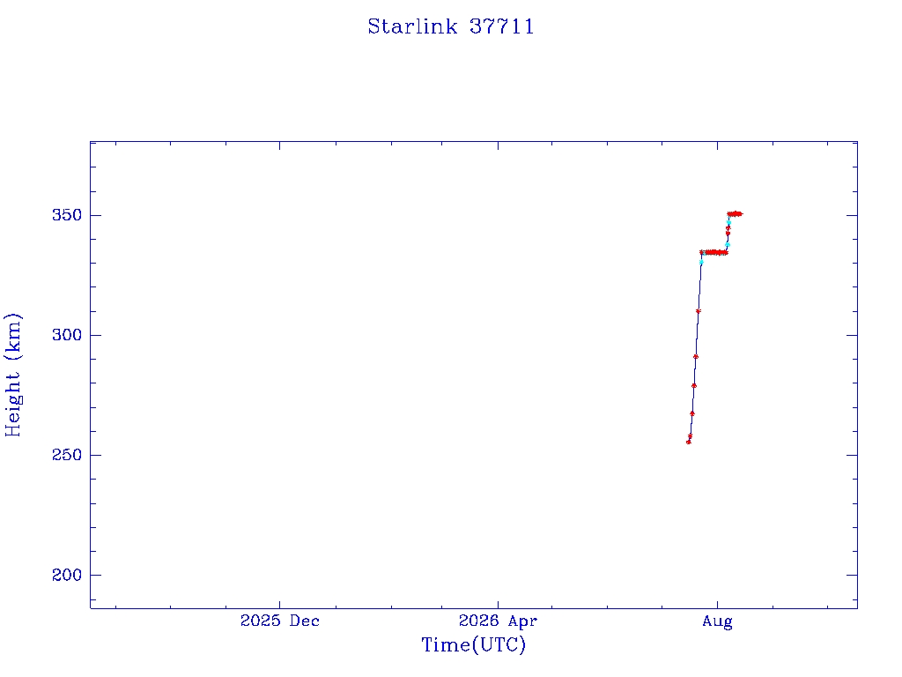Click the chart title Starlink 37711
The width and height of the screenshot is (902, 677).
pyautogui.click(x=451, y=26)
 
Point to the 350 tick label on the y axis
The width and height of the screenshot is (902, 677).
pyautogui.click(x=67, y=215)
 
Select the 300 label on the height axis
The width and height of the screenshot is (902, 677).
pyautogui.click(x=67, y=335)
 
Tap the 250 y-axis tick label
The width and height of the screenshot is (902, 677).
pyautogui.click(x=67, y=455)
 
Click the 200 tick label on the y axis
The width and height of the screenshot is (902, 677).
pyautogui.click(x=67, y=575)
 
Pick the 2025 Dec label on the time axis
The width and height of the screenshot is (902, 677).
pyautogui.click(x=279, y=621)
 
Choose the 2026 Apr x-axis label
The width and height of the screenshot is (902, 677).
pyautogui.click(x=498, y=621)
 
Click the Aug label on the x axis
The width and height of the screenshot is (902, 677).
pyautogui.click(x=717, y=621)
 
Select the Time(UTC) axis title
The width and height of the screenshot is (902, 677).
pyautogui.click(x=473, y=644)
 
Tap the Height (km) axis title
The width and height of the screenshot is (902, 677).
pyautogui.click(x=12, y=375)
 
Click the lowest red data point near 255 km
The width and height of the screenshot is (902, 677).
pyautogui.click(x=689, y=443)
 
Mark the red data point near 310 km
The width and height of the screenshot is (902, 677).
pyautogui.click(x=699, y=311)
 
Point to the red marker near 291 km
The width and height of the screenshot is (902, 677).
pyautogui.click(x=696, y=357)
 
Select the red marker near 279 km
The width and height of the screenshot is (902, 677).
pyautogui.click(x=694, y=386)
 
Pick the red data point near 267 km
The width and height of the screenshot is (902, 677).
pyautogui.click(x=692, y=413)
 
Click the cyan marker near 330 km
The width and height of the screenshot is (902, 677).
pyautogui.click(x=701, y=263)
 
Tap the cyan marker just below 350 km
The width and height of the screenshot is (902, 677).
pyautogui.click(x=728, y=223)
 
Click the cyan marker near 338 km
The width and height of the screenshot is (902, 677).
pyautogui.click(x=727, y=245)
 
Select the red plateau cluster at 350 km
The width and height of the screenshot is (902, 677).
pyautogui.click(x=735, y=214)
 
